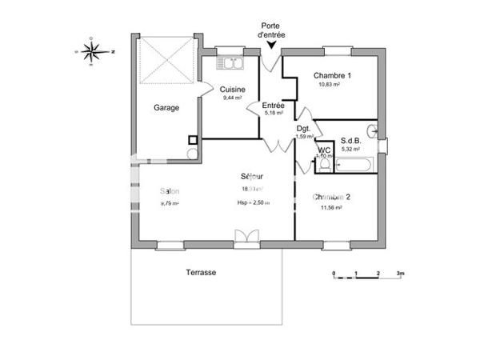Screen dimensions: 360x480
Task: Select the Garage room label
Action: [166, 107]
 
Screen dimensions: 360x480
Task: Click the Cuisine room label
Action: [232, 90]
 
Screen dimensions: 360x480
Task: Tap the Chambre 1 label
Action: [332, 75]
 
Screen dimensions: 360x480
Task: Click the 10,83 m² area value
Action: [330, 85]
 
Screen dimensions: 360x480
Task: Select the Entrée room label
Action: [274, 105]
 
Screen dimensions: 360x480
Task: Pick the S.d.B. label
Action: [351, 140]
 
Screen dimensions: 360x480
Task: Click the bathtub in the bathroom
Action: [353, 166]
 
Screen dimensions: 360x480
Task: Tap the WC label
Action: [324, 149]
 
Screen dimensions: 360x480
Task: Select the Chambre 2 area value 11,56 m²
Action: [330, 207]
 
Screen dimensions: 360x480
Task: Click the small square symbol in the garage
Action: [193, 140]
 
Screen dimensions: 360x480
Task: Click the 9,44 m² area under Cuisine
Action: [231, 98]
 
